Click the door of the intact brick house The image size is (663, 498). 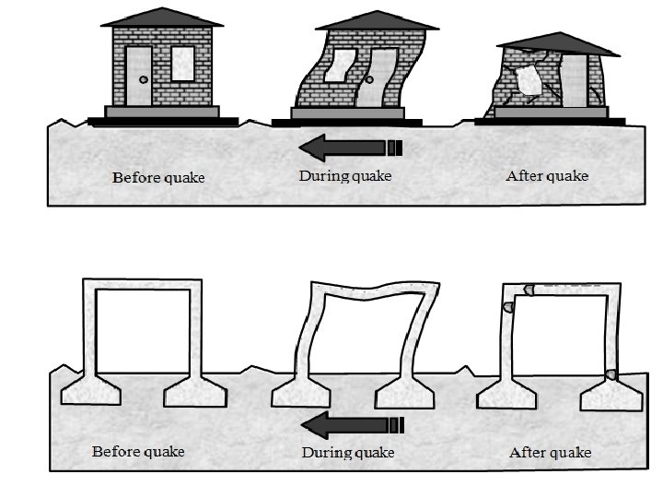pyautogui.click(x=140, y=76)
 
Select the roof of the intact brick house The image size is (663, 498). pyautogui.click(x=161, y=18)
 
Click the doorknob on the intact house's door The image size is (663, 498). pyautogui.click(x=142, y=81)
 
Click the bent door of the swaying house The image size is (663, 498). pyautogui.click(x=379, y=77)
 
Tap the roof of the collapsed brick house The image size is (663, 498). pyautogui.click(x=556, y=41)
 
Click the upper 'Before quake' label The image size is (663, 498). pyautogui.click(x=158, y=177)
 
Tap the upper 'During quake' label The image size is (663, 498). pyautogui.click(x=345, y=175)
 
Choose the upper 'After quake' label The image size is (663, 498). pyautogui.click(x=547, y=175)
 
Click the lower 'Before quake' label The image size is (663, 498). pyautogui.click(x=138, y=452)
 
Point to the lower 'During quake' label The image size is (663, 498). pyautogui.click(x=348, y=453)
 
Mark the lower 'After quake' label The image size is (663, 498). pyautogui.click(x=550, y=453)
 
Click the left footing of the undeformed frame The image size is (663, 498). pyautogui.click(x=89, y=394)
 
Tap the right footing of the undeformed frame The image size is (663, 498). pyautogui.click(x=195, y=394)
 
